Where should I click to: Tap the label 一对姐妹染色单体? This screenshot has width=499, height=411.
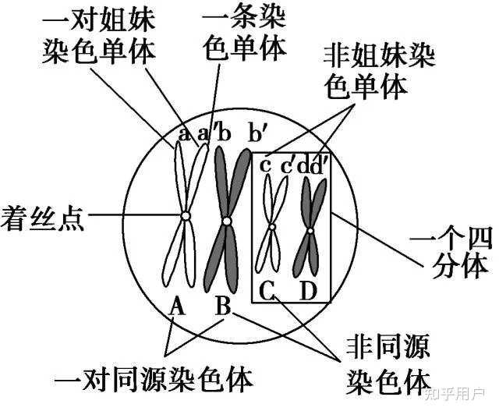98,36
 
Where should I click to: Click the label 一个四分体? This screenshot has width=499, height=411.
460,250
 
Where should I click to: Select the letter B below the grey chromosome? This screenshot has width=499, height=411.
224,306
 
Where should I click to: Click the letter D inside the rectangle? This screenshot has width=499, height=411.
309,292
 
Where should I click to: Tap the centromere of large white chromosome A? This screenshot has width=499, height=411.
185,216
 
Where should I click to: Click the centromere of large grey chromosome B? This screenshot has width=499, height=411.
226,221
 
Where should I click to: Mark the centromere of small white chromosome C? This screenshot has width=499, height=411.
271,227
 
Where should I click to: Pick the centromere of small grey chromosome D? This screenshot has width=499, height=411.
310,229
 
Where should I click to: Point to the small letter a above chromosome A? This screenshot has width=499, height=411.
182,134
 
